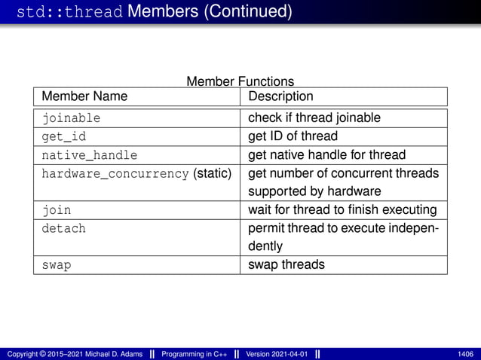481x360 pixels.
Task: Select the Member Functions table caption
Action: (x=240, y=81)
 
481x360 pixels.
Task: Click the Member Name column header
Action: (x=84, y=96)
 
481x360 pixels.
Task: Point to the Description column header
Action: (x=280, y=96)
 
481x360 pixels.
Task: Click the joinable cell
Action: (x=71, y=118)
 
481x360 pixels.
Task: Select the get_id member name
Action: (x=64, y=136)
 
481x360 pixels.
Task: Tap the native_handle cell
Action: (x=89, y=155)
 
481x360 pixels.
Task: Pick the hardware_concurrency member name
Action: (x=115, y=174)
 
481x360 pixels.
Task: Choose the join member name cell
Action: (x=57, y=209)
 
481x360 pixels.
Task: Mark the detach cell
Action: (x=63, y=228)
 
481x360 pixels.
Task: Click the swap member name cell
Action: (x=57, y=265)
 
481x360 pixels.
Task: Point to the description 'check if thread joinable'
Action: (x=314, y=117)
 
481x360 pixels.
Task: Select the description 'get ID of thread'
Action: (x=293, y=136)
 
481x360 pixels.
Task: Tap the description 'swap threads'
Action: (x=286, y=265)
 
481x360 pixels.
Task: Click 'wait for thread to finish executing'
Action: (x=342, y=209)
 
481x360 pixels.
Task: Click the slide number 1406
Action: (x=466, y=354)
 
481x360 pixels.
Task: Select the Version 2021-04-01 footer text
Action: (x=275, y=354)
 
